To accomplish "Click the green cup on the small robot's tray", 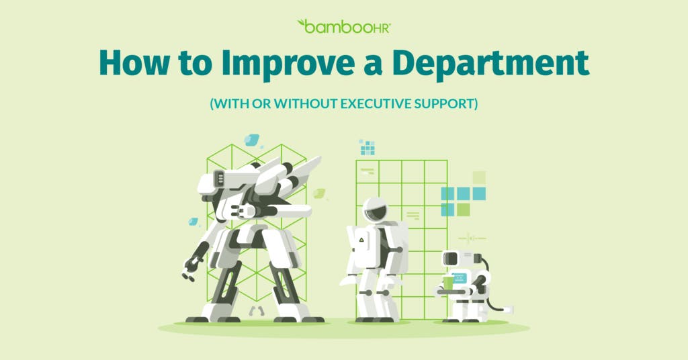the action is click(448, 283).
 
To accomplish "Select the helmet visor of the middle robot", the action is click(376, 212).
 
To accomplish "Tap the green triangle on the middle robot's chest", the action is click(361, 240).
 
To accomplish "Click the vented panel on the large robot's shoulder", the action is click(219, 179).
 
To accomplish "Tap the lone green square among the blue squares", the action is click(464, 210).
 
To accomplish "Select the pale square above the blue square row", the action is click(479, 177).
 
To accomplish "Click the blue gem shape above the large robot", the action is click(252, 140).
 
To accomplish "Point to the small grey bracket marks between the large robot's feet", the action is click(257, 311).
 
